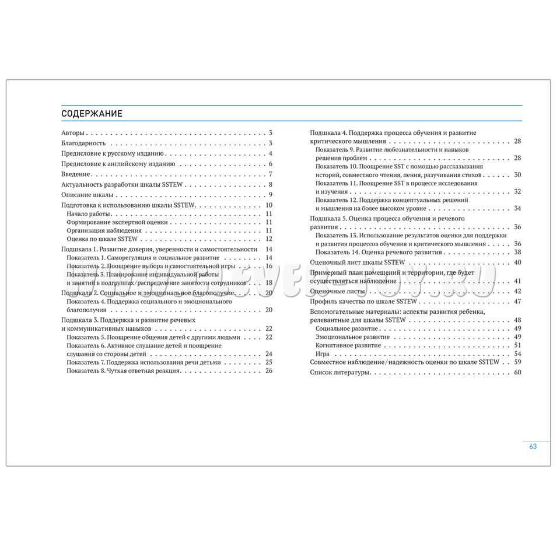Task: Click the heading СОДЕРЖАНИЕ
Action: click(92, 113)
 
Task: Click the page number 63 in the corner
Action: click(533, 446)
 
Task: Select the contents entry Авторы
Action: click(73, 133)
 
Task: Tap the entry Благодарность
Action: click(83, 143)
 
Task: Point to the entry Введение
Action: click(76, 174)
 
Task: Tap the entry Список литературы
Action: click(339, 372)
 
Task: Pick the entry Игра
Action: click(323, 353)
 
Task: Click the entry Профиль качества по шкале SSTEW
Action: click(360, 302)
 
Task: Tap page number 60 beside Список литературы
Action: click(517, 372)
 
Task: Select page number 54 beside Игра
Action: click(517, 353)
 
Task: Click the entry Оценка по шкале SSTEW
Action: click(101, 239)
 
